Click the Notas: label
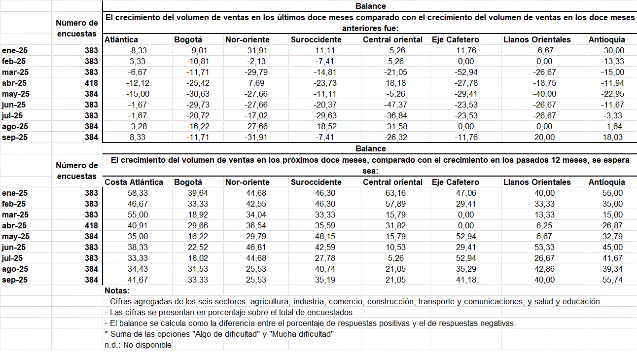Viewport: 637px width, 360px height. click(x=117, y=290)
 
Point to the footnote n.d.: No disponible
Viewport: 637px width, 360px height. click(x=138, y=345)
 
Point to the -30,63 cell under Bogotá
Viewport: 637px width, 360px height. click(x=198, y=94)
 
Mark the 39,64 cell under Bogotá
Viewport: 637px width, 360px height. click(x=198, y=193)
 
